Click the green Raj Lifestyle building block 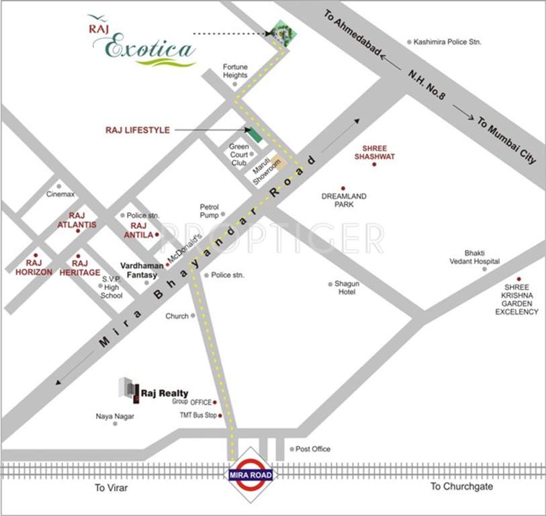[x=254, y=133]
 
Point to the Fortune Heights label [x=236, y=71]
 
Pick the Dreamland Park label [x=344, y=200]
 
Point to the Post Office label [x=313, y=449]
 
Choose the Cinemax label [x=59, y=194]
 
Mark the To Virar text [x=111, y=487]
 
